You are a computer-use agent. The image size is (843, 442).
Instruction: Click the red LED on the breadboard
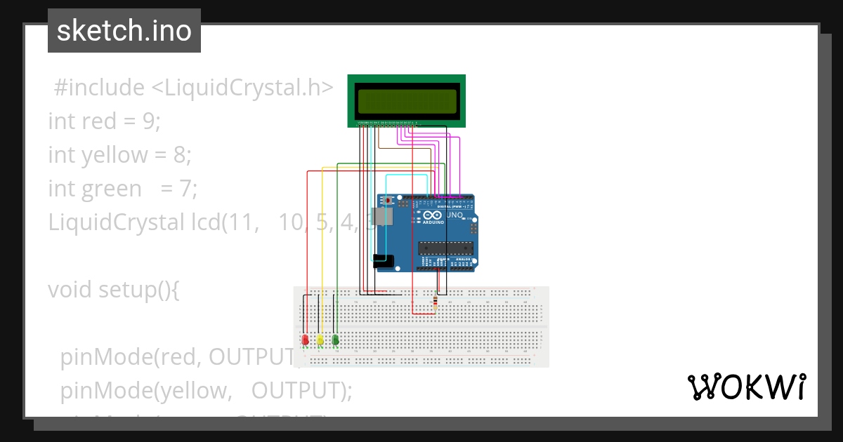305,340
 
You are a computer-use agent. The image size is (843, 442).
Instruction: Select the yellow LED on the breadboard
320,340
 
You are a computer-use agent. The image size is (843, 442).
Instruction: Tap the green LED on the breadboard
336,340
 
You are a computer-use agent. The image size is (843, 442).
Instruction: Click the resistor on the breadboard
436,302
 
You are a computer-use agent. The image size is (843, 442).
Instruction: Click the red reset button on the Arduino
386,201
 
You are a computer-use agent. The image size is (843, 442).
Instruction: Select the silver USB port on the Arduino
384,216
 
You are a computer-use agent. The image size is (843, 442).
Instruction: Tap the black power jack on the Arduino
384,262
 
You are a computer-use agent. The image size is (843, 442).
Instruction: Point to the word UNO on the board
455,215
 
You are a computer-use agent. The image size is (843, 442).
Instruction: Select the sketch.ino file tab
124,31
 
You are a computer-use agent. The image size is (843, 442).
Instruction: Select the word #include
98,88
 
